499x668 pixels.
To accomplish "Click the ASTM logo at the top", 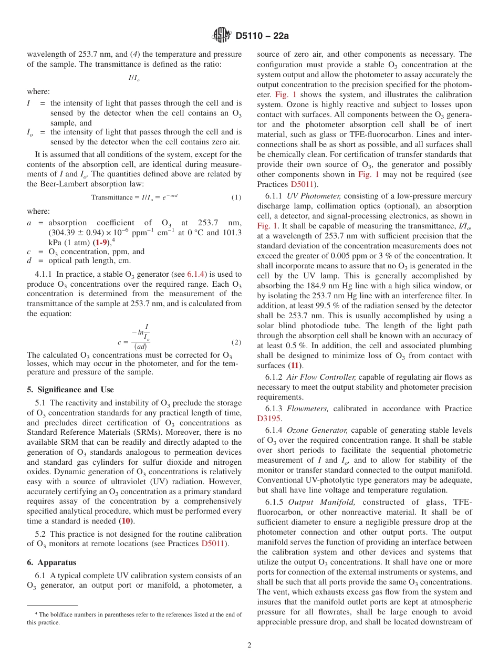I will pyautogui.click(x=221, y=36).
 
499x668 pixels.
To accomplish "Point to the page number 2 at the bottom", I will pyautogui.click(x=250, y=645).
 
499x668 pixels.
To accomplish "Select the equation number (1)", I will pyautogui.click(x=236, y=197).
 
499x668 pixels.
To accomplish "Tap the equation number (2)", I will pyautogui.click(x=236, y=342).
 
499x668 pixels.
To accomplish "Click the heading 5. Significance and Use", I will pyautogui.click(x=70, y=390).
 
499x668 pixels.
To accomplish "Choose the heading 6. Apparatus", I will pyautogui.click(x=51, y=562).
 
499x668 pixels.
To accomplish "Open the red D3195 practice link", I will pyautogui.click(x=269, y=419).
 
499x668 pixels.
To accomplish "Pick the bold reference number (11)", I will pyautogui.click(x=296, y=365).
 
